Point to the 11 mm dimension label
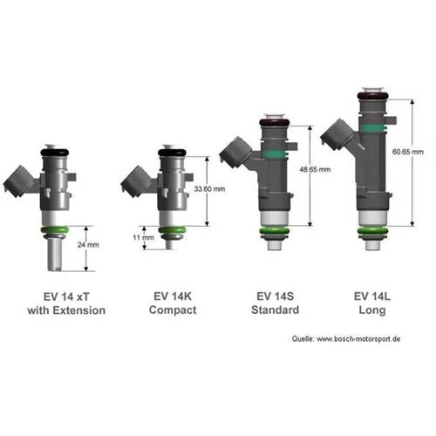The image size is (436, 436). pos(143,237)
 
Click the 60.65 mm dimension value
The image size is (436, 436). pos(409,152)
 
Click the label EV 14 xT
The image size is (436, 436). pos(66,296)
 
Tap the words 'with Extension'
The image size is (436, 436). pos(66,310)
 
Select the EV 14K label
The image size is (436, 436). pos(172,296)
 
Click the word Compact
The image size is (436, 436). pos(172,310)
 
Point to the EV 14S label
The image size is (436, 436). pos(275,296)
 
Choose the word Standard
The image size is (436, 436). pos(275,310)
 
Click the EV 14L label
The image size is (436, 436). pos(374,296)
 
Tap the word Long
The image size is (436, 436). pos(374,310)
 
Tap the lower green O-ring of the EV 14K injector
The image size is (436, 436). pos(172,230)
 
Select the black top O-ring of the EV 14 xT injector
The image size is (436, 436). pos(54,152)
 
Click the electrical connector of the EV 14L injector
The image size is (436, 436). pos(335,133)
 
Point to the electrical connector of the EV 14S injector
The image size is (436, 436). pos(235,155)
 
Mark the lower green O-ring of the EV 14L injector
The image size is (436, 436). pos(374,231)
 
